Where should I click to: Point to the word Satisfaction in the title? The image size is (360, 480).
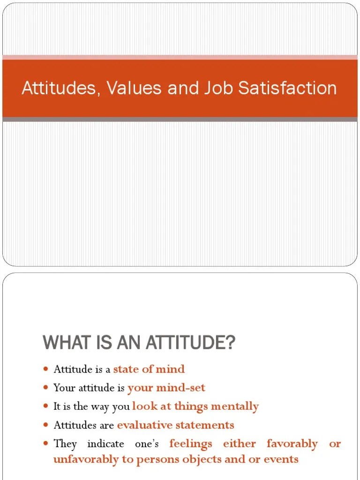(x=289, y=88)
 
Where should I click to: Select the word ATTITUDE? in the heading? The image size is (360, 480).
(x=190, y=343)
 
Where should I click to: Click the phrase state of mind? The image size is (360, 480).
(x=149, y=369)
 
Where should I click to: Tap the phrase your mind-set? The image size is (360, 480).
(x=166, y=388)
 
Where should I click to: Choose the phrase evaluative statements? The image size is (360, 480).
(x=175, y=425)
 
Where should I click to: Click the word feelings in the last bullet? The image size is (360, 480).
(x=191, y=443)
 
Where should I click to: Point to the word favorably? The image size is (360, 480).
(x=292, y=443)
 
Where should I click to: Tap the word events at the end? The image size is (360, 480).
(x=280, y=459)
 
